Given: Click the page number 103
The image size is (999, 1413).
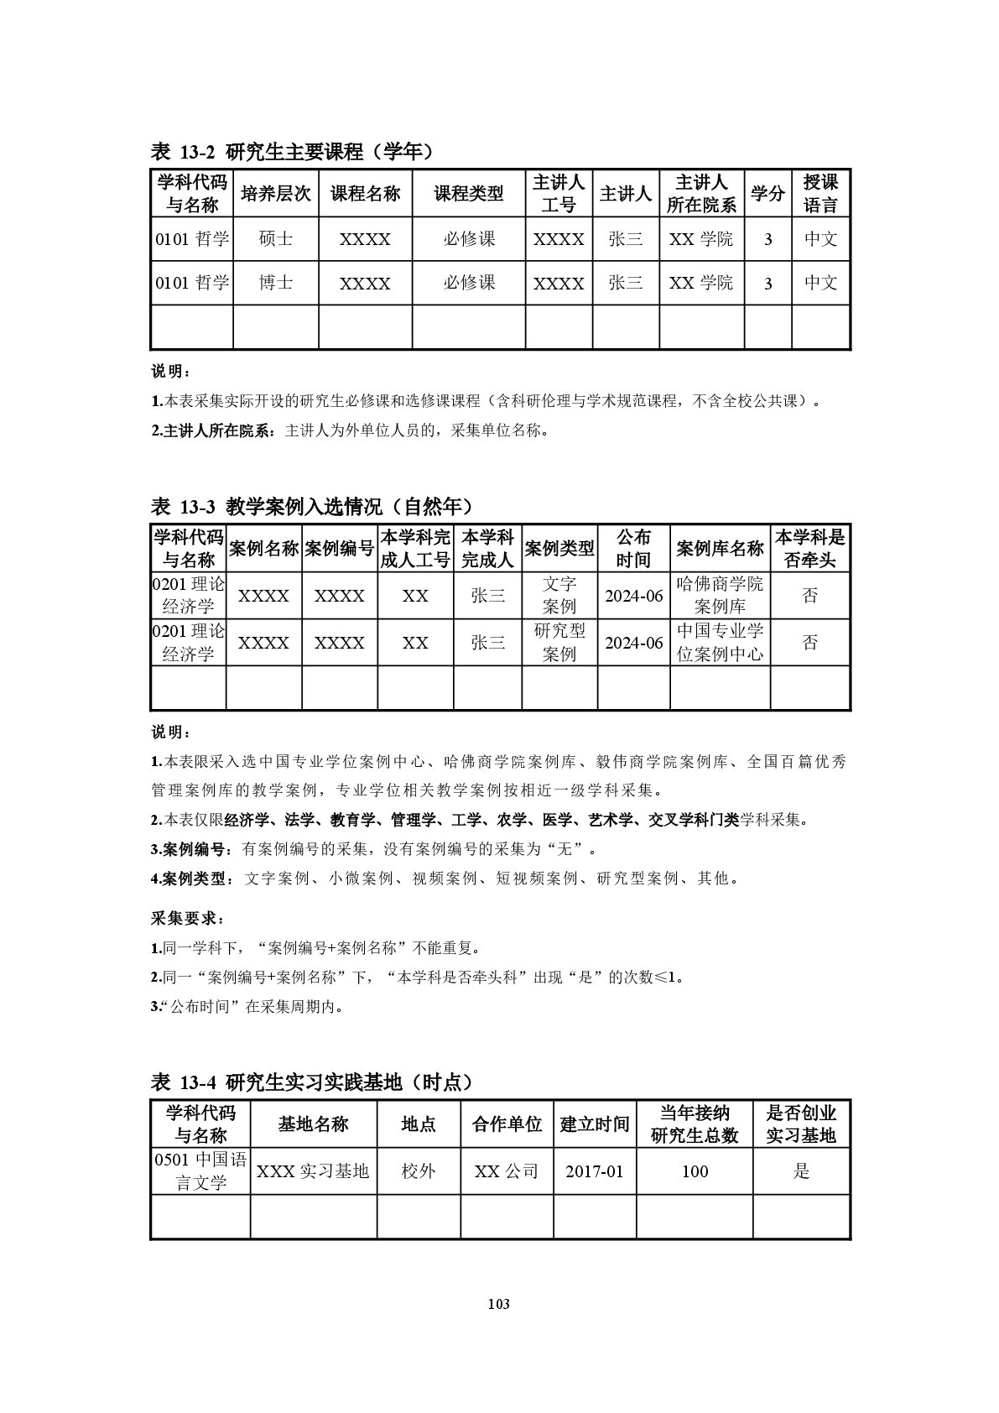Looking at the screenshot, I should [x=498, y=1304].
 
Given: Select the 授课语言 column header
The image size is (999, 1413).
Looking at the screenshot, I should [x=820, y=194].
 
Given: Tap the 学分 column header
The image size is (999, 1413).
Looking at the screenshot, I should [x=767, y=194].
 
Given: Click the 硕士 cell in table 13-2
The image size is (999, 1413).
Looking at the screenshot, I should [x=276, y=239].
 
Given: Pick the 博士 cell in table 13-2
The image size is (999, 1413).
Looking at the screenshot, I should [x=276, y=283].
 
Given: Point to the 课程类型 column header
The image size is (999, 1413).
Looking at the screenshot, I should [x=468, y=194].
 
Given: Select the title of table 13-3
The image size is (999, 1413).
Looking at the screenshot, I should [x=312, y=507].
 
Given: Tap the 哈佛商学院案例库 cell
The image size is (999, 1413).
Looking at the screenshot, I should [x=719, y=595].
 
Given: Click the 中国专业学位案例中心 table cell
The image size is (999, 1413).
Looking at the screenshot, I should [x=719, y=642].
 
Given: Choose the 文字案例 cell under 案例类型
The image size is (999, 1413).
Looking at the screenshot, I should [x=559, y=595].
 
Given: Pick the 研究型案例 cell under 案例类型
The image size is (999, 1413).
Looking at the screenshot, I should [x=559, y=642].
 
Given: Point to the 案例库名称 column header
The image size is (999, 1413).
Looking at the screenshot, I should [x=719, y=549].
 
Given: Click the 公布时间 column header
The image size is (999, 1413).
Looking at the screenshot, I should [x=633, y=549].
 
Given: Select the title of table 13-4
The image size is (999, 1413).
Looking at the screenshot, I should [x=312, y=1082].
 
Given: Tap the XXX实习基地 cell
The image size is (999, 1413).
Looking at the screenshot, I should [x=313, y=1171].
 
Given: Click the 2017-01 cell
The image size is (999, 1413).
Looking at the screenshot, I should [x=594, y=1171].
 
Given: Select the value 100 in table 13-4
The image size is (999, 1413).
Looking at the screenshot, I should [x=695, y=1171].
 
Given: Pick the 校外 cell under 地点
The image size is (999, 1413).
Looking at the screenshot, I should [x=418, y=1171].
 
